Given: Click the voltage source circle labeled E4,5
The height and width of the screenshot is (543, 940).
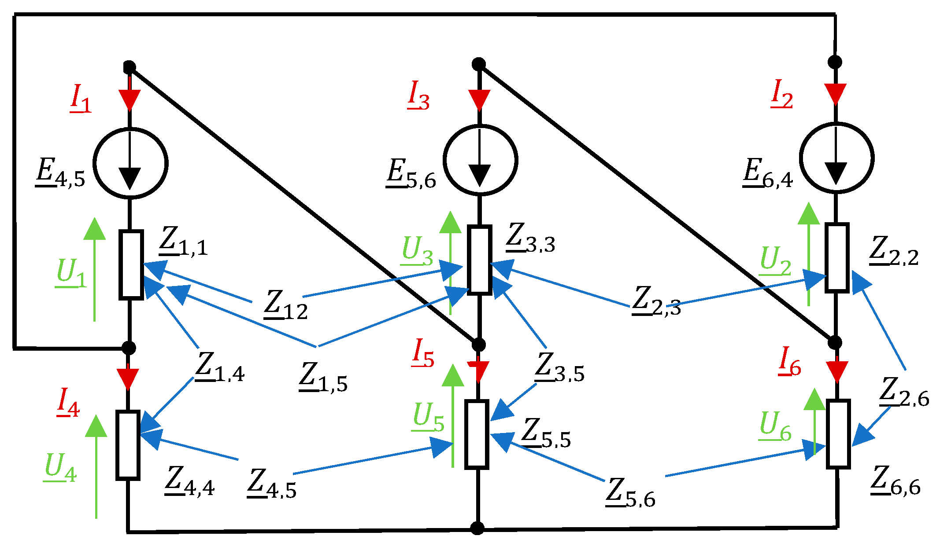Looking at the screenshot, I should coord(130,163).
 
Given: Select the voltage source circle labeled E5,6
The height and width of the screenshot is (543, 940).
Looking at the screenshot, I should coord(480,160).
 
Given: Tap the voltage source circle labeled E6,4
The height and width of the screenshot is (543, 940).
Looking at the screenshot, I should coord(836,158).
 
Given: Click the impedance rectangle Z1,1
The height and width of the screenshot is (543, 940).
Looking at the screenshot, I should coord(131,265).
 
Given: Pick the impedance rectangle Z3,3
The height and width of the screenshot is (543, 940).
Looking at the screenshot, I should coord(479,259).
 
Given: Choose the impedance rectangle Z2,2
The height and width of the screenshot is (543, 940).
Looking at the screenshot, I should coord(836,258).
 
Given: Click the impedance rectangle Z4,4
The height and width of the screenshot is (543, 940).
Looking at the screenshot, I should coord(128,445).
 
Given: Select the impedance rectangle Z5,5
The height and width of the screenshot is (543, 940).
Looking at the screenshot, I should coord(477,434).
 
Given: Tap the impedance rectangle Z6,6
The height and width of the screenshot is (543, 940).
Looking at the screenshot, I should coord(838,434).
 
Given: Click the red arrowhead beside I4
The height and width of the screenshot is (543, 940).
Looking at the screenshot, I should coord(128,378).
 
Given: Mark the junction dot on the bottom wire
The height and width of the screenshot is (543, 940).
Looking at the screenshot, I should coord(477,528).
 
